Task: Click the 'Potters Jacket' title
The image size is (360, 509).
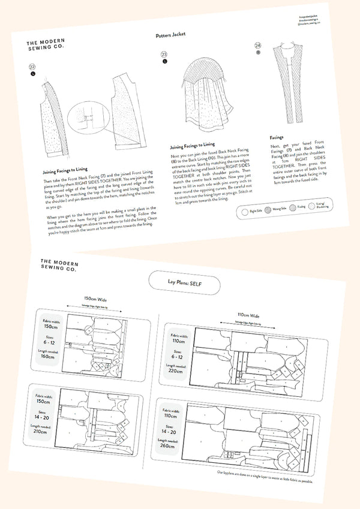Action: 170,35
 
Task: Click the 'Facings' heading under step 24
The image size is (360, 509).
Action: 276,137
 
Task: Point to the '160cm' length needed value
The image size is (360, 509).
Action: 49,355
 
